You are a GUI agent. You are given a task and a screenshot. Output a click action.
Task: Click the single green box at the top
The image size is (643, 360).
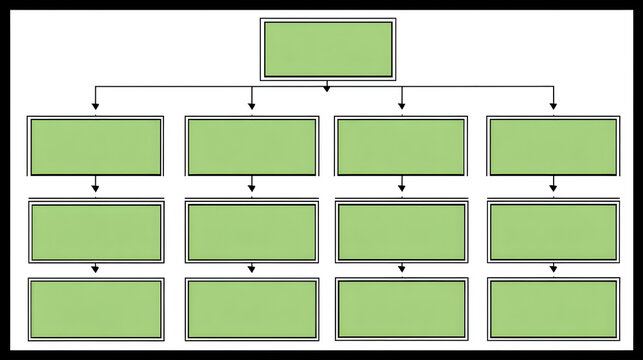[x=327, y=49]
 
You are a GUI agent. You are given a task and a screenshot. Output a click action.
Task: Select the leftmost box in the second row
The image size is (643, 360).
[x=95, y=146]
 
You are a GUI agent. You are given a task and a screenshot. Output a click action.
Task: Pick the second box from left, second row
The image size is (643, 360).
[x=252, y=146]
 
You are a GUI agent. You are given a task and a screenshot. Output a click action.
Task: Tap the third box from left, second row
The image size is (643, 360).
[x=401, y=146]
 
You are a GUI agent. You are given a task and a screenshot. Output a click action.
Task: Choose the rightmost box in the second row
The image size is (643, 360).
[x=552, y=146]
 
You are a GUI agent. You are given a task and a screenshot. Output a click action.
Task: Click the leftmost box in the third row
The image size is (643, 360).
[x=95, y=232]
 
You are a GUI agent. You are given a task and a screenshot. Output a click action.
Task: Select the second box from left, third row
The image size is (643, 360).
[x=252, y=232]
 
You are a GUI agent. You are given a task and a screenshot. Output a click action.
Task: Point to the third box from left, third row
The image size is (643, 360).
[x=401, y=232]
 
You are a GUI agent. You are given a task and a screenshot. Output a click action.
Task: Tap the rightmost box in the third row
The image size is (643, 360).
[x=552, y=232]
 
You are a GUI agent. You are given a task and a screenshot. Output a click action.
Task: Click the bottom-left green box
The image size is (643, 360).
[x=95, y=308]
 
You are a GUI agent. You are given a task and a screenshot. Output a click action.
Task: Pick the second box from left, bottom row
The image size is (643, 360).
[x=252, y=308]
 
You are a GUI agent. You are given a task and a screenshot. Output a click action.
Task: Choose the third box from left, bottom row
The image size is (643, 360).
[x=401, y=308]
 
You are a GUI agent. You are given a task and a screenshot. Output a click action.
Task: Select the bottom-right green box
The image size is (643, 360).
[x=552, y=308]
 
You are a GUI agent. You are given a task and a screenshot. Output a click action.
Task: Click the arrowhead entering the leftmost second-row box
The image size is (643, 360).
[x=95, y=105]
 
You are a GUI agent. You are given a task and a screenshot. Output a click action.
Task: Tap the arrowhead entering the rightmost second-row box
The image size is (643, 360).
[x=553, y=105]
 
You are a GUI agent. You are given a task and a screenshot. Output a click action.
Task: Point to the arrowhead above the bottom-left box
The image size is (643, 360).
[x=95, y=269]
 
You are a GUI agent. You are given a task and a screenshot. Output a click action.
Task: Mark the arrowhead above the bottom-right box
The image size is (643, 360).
[x=553, y=269]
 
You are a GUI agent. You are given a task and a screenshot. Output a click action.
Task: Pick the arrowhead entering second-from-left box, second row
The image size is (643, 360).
[x=252, y=105]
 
